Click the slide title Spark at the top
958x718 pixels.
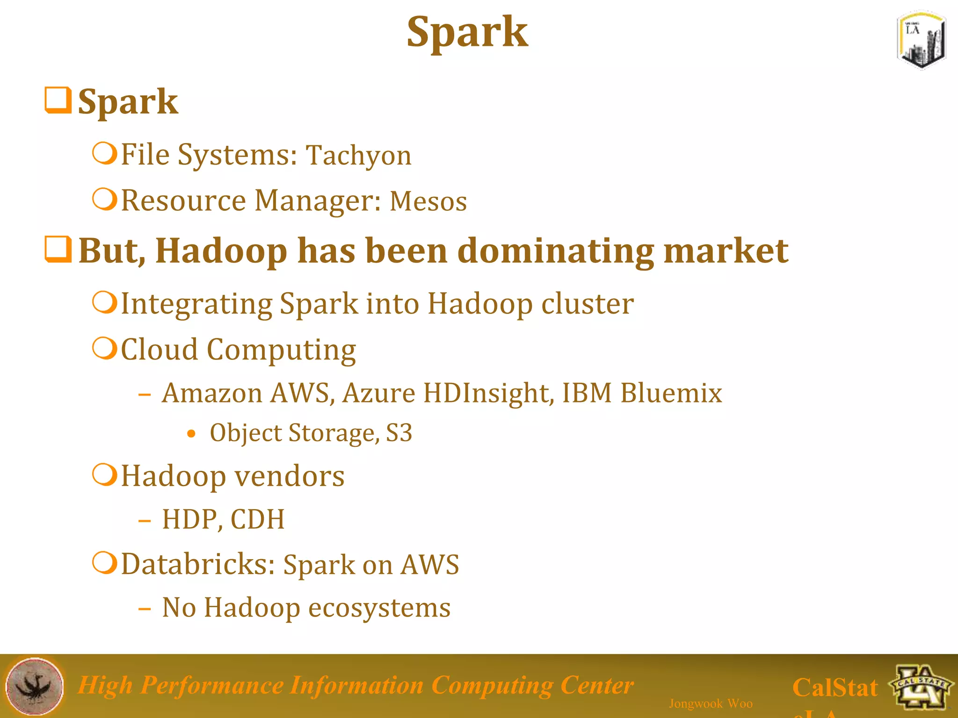point(467,32)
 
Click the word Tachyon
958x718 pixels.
point(359,155)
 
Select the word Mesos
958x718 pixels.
point(428,201)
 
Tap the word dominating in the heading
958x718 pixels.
point(555,251)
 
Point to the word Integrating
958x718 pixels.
point(196,304)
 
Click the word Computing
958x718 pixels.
point(281,350)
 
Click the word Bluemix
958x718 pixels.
point(671,393)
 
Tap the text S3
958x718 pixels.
point(399,433)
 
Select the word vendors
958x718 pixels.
point(289,476)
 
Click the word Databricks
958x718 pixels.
point(198,564)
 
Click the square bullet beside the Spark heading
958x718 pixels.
point(58,100)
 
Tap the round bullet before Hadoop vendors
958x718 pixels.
point(104,475)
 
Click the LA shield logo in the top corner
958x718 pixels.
point(921,40)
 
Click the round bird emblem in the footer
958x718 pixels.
point(35,686)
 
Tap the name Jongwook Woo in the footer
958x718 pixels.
point(711,704)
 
